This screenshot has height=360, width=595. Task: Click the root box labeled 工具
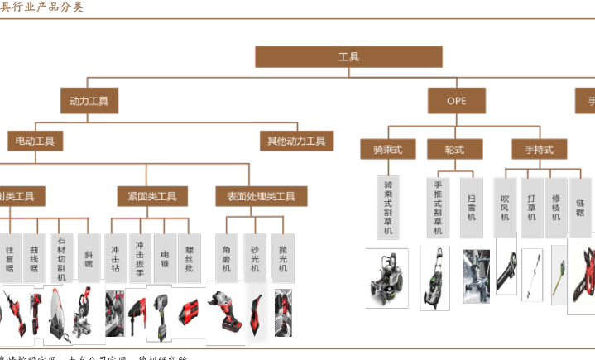(348, 57)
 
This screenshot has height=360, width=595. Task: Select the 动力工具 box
(89, 101)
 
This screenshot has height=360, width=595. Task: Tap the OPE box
(456, 101)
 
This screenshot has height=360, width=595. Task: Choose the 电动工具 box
(35, 142)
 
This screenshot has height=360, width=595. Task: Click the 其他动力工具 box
(296, 142)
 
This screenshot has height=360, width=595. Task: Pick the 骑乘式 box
(387, 149)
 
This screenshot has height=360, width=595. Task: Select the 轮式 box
(454, 149)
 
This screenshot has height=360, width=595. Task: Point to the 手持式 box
(539, 149)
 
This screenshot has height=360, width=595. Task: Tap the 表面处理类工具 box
(261, 197)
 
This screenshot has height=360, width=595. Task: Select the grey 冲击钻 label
(116, 257)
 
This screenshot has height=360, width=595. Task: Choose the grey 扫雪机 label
(471, 206)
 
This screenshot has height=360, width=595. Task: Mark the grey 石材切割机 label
(60, 257)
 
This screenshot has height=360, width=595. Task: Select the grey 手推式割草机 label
(438, 208)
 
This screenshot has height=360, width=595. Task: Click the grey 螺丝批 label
(190, 257)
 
